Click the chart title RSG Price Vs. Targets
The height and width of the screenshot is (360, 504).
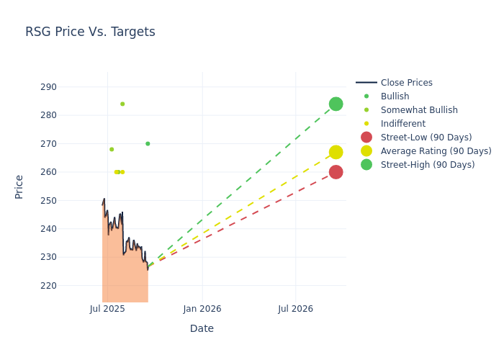pyautogui.click(x=90, y=32)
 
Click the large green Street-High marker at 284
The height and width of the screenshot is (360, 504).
pyautogui.click(x=336, y=104)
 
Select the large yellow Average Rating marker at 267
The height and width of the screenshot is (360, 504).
pyautogui.click(x=336, y=152)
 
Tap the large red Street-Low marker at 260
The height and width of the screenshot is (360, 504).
pyautogui.click(x=336, y=172)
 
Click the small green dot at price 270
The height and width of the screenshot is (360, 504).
pyautogui.click(x=148, y=143)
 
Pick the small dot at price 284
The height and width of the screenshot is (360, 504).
pyautogui.click(x=122, y=104)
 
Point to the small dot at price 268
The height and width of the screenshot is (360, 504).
pyautogui.click(x=112, y=149)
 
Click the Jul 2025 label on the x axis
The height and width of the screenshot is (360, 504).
pyautogui.click(x=107, y=309)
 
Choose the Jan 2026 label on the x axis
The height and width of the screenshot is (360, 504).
pyautogui.click(x=202, y=309)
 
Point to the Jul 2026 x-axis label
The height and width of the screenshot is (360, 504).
pyautogui.click(x=295, y=309)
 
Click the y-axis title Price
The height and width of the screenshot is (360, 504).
pyautogui.click(x=19, y=186)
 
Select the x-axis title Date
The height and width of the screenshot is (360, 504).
pyautogui.click(x=202, y=328)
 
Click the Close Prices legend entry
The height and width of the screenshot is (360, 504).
pyautogui.click(x=406, y=83)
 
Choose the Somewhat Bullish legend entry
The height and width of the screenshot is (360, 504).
pyautogui.click(x=419, y=110)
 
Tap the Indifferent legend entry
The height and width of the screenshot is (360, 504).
pyautogui.click(x=402, y=124)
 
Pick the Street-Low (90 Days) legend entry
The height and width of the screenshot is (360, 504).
pyautogui.click(x=426, y=138)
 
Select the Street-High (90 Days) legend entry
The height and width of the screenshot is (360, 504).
pyautogui.click(x=428, y=165)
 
